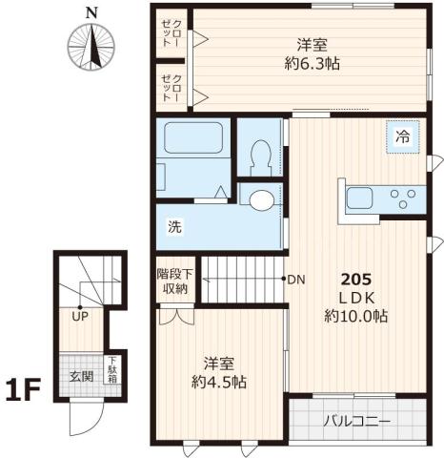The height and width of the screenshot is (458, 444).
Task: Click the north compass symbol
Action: (91, 44)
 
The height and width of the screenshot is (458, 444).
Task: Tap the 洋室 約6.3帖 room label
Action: (313, 54)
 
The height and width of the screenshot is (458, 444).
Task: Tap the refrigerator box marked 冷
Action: (403, 137)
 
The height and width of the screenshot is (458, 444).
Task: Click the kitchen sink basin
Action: (359, 199)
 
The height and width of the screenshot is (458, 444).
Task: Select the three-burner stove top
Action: (403, 198)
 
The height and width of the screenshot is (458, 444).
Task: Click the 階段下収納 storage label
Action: (174, 281)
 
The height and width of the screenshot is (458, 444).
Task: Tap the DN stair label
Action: (295, 280)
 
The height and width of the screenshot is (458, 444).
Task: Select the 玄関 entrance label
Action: (81, 376)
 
